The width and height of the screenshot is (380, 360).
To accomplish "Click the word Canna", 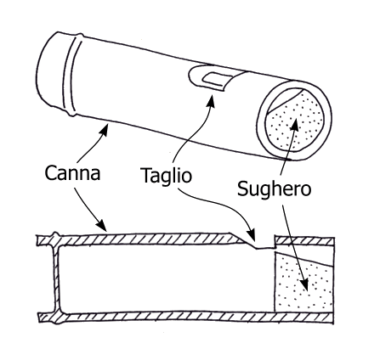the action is [72, 173].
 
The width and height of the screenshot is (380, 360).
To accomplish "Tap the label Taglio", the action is [167, 176].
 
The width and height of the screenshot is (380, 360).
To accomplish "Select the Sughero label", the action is [274, 189].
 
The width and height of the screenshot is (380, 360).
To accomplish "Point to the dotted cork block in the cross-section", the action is [303, 283].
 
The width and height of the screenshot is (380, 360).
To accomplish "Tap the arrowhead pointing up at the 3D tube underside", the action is [104, 130].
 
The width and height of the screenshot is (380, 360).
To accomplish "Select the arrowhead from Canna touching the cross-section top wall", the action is [102, 226].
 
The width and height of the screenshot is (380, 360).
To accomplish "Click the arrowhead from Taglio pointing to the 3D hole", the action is [211, 100].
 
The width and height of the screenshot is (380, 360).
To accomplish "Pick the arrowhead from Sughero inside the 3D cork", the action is [295, 125].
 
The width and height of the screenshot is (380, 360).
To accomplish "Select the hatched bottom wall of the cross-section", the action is [186, 317].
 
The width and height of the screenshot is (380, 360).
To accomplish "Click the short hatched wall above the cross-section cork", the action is [305, 240].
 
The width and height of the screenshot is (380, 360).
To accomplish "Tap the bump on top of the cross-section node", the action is [55, 235].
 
